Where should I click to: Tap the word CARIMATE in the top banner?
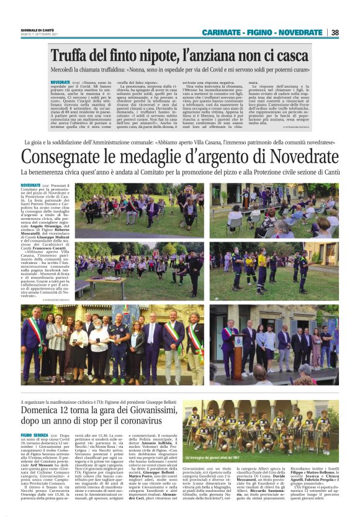click(x=220, y=32)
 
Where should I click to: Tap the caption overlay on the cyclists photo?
click(x=251, y=458)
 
